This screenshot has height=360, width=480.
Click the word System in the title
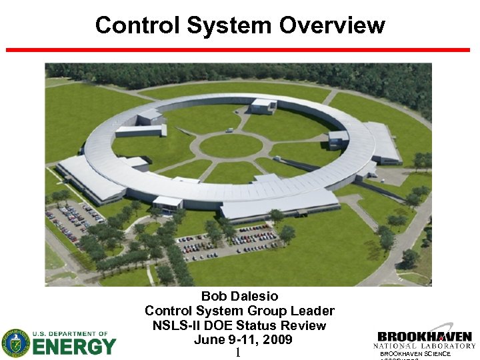coord(230,25)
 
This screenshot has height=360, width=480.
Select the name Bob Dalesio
coord(239,296)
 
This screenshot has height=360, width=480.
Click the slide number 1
coord(237,352)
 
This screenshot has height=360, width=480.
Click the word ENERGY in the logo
coord(74,347)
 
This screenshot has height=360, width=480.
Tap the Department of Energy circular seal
coord(15,343)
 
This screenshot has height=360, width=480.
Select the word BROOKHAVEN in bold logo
coord(425,337)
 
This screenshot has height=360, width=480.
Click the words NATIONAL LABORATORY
coord(425,346)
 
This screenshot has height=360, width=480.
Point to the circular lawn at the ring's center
coord(231,145)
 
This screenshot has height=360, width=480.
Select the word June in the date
coord(209,340)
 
